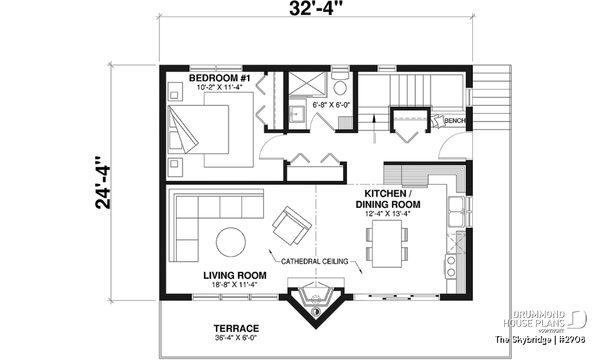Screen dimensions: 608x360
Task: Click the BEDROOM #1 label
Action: (219, 78)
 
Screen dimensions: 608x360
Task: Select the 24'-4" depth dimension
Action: (103, 183)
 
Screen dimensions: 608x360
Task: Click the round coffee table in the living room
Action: (231, 242)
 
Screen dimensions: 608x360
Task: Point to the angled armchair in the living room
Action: (292, 226)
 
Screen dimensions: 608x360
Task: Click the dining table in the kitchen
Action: (387, 244)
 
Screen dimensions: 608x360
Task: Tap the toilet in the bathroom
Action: (340, 84)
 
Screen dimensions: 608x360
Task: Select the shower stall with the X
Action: (307, 84)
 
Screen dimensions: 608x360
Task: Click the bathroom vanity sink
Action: (296, 114)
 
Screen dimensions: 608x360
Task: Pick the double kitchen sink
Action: (457, 212)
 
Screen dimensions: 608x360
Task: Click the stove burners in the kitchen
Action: (451, 266)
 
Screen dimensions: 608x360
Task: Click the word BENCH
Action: (454, 121)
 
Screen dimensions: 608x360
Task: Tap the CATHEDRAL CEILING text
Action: (315, 262)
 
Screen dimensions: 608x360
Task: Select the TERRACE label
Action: (236, 329)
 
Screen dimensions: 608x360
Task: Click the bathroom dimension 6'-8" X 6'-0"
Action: (331, 105)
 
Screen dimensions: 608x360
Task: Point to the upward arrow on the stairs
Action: (374, 128)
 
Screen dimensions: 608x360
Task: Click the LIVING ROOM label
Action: (235, 275)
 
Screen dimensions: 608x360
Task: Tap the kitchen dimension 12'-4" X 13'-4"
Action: (387, 214)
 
